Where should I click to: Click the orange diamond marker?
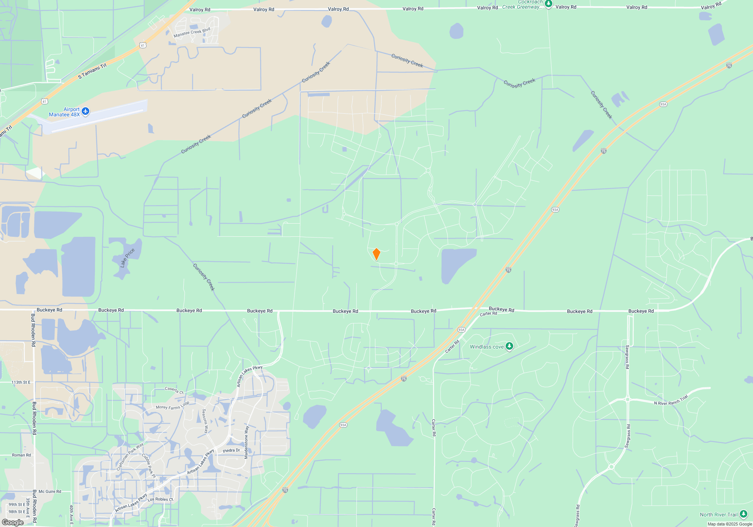376,254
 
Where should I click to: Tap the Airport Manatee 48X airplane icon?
85,111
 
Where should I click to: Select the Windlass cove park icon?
509,346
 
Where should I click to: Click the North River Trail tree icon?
743,514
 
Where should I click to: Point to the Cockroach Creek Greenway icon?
549,4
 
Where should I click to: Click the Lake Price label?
127,258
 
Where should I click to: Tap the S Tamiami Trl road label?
92,72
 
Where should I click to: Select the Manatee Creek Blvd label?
192,33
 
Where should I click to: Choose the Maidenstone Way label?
247,442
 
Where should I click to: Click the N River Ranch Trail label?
671,401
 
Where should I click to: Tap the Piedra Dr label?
231,451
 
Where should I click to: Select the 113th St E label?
21,382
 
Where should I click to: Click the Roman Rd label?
21,455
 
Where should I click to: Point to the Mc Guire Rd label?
50,492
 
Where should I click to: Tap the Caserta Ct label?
174,390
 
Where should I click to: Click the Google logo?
13,522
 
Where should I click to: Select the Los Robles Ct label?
160,500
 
